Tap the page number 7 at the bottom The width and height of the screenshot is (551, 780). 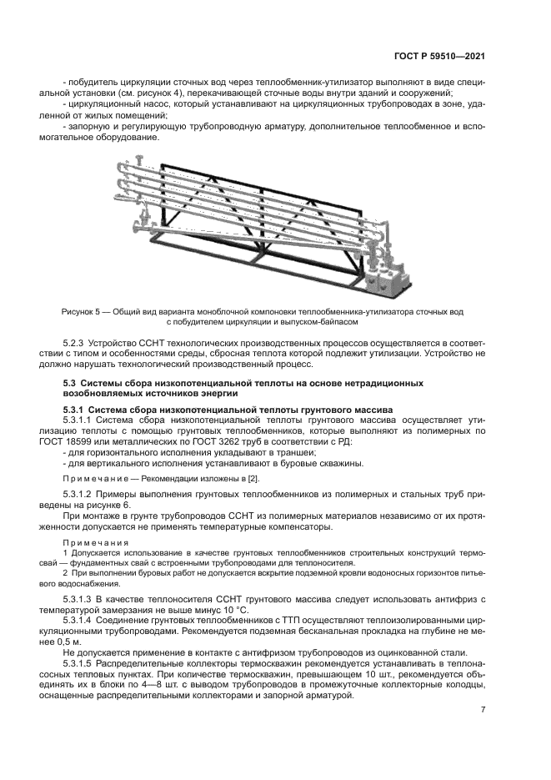(x=483, y=710)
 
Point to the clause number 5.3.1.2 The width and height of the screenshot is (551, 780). (x=82, y=495)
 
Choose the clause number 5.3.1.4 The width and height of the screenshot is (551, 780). (x=82, y=621)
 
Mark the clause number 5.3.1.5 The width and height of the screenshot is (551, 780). (x=82, y=665)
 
